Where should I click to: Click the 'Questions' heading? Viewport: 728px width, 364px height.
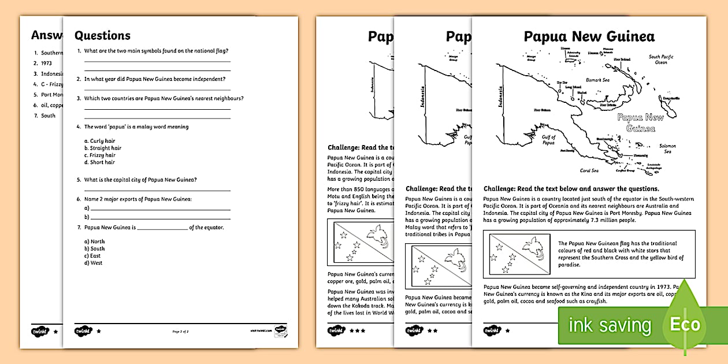pyautogui.click(x=102, y=36)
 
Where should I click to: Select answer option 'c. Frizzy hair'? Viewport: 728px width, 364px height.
pyautogui.click(x=102, y=155)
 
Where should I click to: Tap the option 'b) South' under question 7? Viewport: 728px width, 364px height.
pyautogui.click(x=95, y=248)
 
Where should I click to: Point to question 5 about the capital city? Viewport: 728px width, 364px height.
pyautogui.click(x=140, y=180)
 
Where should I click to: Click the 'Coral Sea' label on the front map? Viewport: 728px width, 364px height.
pyautogui.click(x=589, y=170)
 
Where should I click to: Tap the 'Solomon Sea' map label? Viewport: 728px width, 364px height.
pyautogui.click(x=667, y=149)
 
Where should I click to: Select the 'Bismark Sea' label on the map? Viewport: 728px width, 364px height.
pyautogui.click(x=598, y=80)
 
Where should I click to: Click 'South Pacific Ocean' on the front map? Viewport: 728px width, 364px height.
pyautogui.click(x=662, y=60)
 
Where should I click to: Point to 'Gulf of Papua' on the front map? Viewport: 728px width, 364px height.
pyautogui.click(x=548, y=141)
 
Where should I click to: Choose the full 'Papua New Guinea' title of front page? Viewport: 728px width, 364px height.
pyautogui.click(x=589, y=36)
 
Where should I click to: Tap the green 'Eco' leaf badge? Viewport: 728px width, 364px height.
pyautogui.click(x=685, y=325)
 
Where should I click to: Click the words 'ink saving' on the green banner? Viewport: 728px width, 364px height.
pyautogui.click(x=610, y=325)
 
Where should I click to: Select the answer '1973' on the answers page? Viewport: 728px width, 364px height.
pyautogui.click(x=46, y=64)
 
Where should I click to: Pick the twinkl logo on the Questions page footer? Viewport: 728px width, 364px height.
pyautogui.click(x=83, y=332)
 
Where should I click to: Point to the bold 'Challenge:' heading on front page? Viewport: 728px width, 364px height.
pyautogui.click(x=502, y=188)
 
